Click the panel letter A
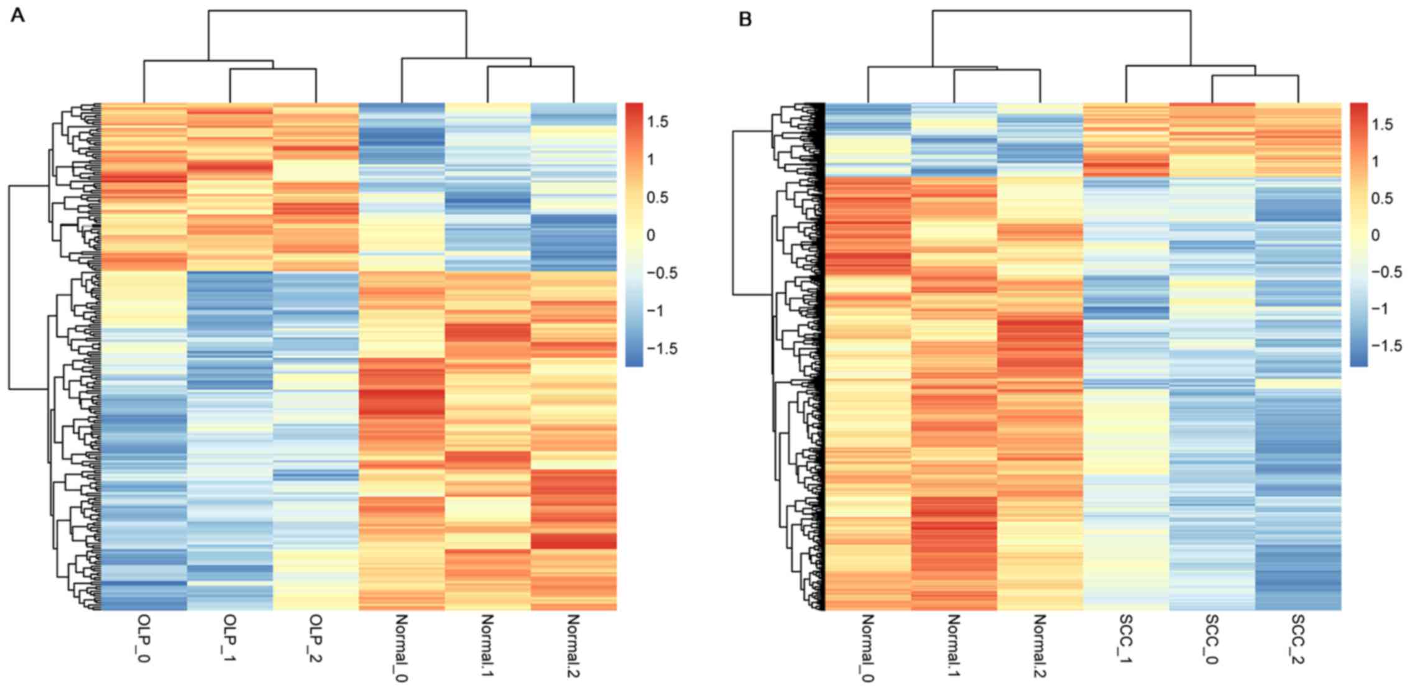pos(17,16)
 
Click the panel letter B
pos(745,20)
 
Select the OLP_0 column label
pos(144,638)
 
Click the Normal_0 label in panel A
pos(402,648)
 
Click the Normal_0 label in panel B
pos(869,648)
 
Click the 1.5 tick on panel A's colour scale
pos(657,122)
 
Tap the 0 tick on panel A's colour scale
pos(651,235)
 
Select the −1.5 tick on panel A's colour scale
pos(661,349)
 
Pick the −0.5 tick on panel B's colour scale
pos(1387,272)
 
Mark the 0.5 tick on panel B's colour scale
pos(1382,198)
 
